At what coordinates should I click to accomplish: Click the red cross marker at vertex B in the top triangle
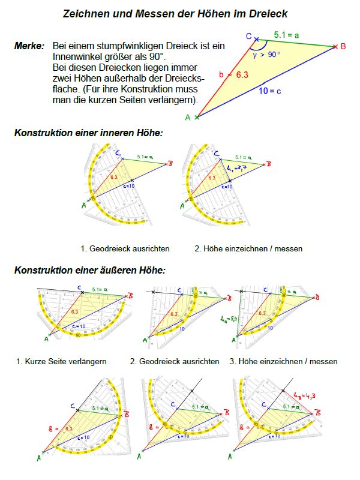click(335, 46)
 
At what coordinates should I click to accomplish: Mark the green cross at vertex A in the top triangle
click(197, 118)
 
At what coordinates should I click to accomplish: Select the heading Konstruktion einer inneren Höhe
click(88, 133)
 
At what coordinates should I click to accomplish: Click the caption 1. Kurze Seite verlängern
click(62, 361)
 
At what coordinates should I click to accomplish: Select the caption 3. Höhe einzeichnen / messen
click(283, 361)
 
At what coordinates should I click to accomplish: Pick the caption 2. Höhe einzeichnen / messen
click(248, 248)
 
